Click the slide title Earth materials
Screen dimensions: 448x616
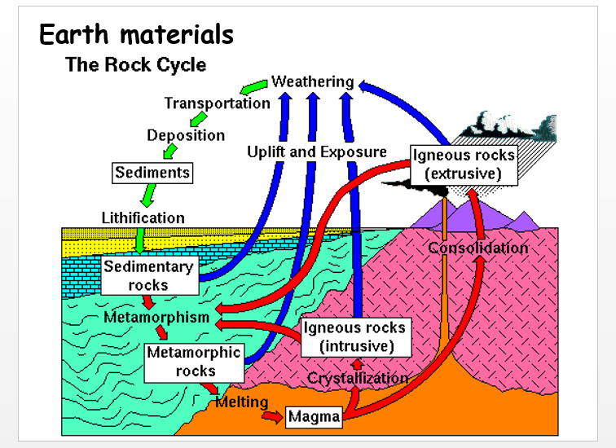point(136,35)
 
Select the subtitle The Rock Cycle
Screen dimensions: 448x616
point(135,65)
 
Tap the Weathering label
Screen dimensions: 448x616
point(312,81)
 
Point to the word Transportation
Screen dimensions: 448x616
point(217,103)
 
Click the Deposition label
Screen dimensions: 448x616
point(186,135)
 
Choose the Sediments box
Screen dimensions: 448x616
point(152,172)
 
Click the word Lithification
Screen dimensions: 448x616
point(143,218)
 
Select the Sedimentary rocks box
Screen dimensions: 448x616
point(148,275)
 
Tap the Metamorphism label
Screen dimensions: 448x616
point(156,317)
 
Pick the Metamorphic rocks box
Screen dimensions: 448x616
point(193,362)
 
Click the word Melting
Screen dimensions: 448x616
point(242,402)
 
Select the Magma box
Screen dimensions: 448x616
point(314,417)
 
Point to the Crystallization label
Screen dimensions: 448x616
point(357,378)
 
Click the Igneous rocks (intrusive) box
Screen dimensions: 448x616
point(354,336)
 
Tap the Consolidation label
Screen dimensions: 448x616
point(478,248)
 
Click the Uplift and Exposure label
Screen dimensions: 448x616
point(317,152)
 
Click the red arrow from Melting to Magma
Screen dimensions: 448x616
point(270,415)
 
